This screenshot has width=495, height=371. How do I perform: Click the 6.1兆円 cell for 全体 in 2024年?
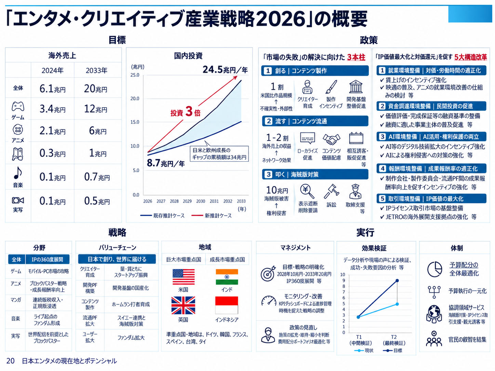coord(53,88)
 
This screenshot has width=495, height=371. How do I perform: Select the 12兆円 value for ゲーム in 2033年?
coord(95,109)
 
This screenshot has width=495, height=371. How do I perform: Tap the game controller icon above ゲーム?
coord(18,106)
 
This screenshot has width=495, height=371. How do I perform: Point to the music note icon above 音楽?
coord(18,173)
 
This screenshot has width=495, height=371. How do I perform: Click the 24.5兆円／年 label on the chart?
coord(225,70)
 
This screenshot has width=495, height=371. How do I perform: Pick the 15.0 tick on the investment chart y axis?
coord(135,122)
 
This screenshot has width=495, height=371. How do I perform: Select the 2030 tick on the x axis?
coord(200,201)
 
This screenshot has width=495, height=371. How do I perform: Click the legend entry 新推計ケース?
coord(212,216)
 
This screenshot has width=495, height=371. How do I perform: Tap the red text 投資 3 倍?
coord(185,112)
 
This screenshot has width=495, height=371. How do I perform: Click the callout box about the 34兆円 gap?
coord(219,154)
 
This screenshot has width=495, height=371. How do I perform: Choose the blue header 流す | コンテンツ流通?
coord(315,121)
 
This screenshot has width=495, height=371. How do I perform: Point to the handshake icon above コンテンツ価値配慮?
coord(331,139)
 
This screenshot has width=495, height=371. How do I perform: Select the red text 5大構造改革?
coord(470,57)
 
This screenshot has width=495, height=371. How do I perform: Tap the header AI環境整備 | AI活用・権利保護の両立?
coord(431,137)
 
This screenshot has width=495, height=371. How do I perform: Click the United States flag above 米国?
coord(183,277)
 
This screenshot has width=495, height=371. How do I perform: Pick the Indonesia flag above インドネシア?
coord(226,305)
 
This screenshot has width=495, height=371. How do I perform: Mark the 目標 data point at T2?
coord(397,281)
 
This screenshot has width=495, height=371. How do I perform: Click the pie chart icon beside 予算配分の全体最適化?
coord(434,270)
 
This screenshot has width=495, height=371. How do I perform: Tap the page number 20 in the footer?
coord(10,361)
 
